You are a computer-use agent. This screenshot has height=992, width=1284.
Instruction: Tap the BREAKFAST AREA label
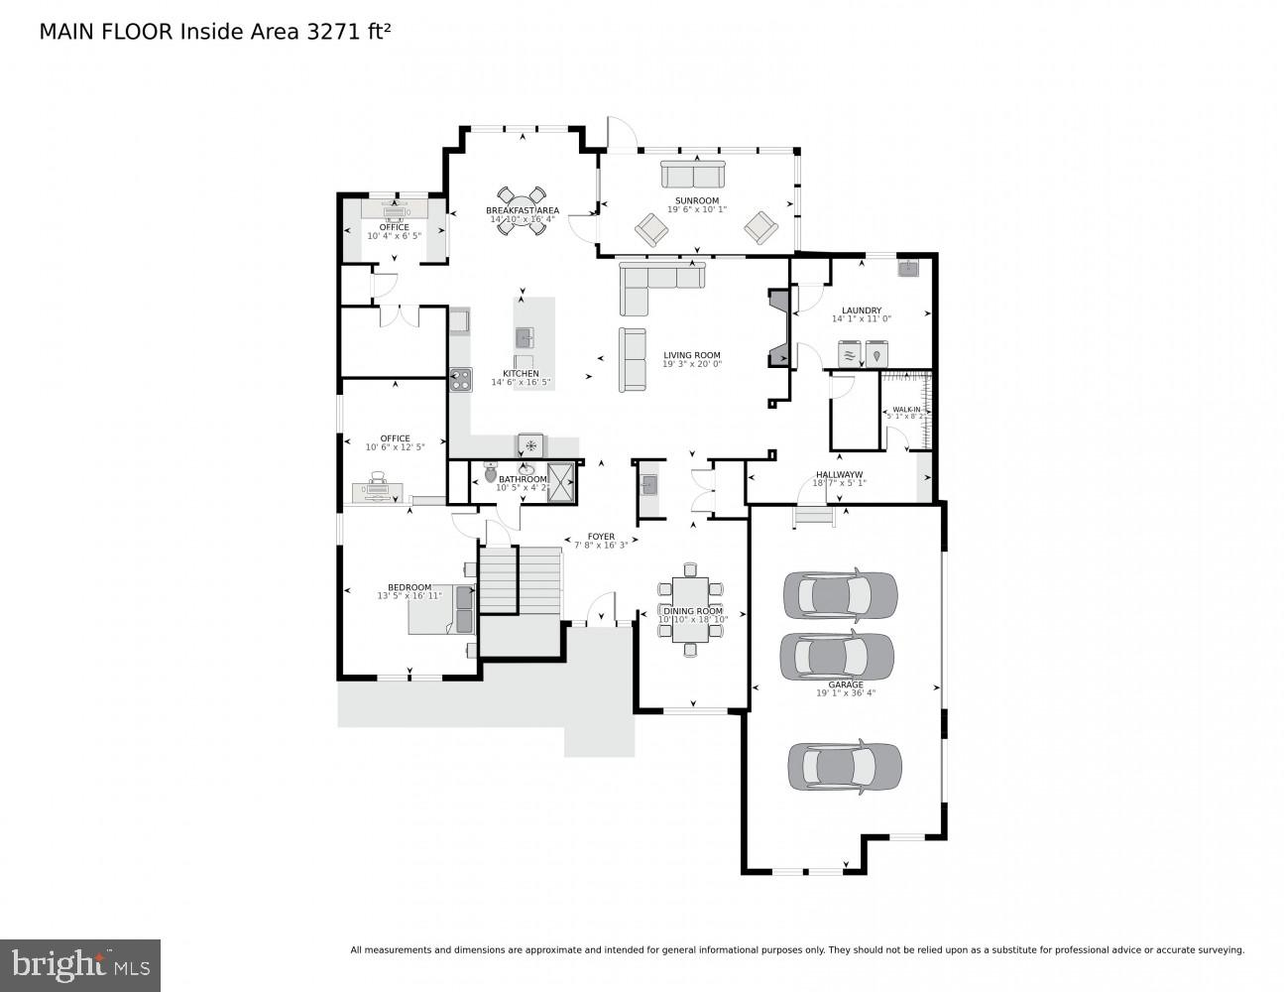coord(523,210)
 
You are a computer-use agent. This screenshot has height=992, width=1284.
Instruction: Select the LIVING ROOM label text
coord(692,355)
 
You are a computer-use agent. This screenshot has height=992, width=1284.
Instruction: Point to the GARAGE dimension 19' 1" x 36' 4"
coord(846,693)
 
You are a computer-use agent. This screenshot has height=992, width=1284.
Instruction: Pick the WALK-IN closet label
coord(906,409)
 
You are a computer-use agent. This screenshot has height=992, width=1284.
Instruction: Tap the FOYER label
coord(601,537)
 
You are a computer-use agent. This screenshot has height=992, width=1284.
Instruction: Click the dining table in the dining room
coord(691,610)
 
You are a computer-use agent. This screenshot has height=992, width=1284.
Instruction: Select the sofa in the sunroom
coord(693,176)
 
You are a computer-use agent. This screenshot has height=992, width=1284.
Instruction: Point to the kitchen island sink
coord(525,337)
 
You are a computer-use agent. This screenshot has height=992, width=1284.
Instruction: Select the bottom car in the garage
coord(845,766)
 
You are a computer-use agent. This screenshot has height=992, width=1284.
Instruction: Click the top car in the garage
coord(840,593)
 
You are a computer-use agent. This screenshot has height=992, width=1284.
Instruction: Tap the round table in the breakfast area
coord(522,210)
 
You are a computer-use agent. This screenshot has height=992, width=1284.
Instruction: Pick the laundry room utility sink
coord(908,267)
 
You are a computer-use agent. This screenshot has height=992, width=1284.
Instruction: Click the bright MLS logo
coord(80,964)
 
